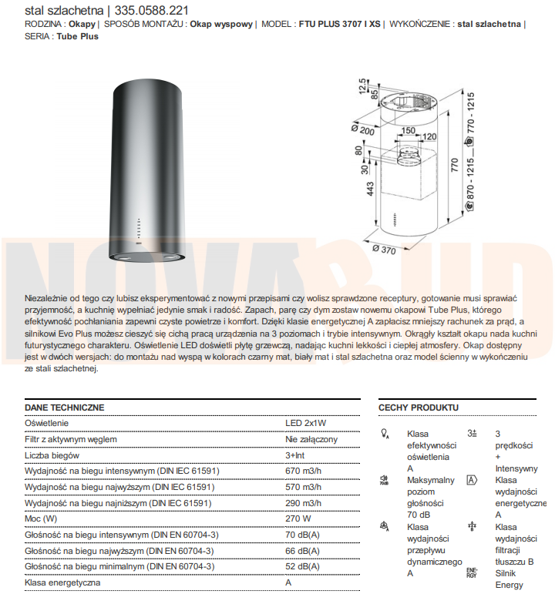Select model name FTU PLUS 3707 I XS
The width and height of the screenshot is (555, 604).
coord(338,24)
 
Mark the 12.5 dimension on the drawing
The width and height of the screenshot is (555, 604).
coord(362,86)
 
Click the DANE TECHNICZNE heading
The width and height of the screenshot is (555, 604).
coord(64,408)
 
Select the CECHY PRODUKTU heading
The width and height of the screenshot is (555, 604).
coord(418,408)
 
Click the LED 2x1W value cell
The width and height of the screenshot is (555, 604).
coord(306,423)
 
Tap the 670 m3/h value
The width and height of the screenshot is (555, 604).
coord(303,471)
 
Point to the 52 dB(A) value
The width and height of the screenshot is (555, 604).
coord(303,566)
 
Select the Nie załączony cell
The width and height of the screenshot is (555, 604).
coord(311,439)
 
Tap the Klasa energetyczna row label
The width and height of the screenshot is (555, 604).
coord(62,582)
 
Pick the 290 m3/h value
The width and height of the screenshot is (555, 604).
coord(303,503)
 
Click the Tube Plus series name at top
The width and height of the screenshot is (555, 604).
coord(77,36)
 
